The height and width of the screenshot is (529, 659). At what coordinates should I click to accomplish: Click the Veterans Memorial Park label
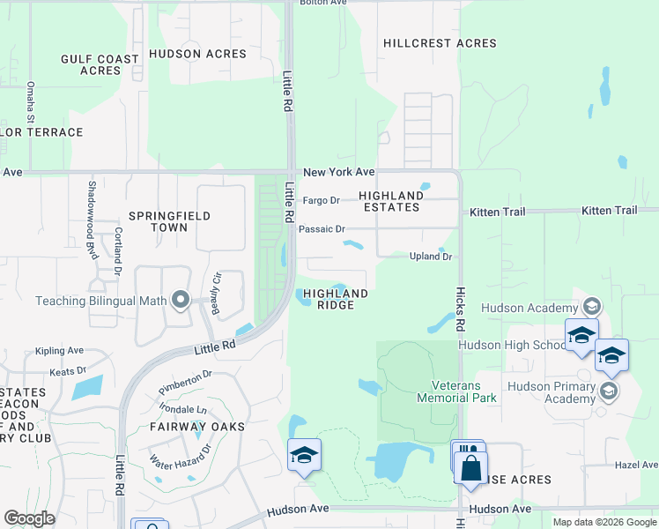coord(464,391)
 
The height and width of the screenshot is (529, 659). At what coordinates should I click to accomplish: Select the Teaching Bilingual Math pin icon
coord(181,301)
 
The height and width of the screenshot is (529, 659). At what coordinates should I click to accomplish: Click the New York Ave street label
coord(338,172)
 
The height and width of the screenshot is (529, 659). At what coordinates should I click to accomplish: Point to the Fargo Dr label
coord(321,200)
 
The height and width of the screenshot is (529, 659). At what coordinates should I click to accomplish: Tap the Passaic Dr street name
coord(321,228)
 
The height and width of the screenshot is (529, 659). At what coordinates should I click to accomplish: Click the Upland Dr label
coord(431,257)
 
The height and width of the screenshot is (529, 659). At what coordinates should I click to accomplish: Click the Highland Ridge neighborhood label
coord(335,299)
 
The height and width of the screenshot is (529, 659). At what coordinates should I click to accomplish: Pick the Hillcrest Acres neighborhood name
coord(440,43)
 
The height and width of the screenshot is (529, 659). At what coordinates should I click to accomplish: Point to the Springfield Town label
coord(159,220)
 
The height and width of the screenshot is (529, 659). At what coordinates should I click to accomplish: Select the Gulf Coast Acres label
coord(100,64)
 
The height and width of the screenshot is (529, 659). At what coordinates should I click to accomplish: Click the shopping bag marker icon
coord(471,467)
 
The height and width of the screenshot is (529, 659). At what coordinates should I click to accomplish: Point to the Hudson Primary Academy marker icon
coord(608,389)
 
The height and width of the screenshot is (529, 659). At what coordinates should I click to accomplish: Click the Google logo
coord(30,518)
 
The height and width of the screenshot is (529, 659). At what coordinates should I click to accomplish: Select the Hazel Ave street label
coord(637,464)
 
